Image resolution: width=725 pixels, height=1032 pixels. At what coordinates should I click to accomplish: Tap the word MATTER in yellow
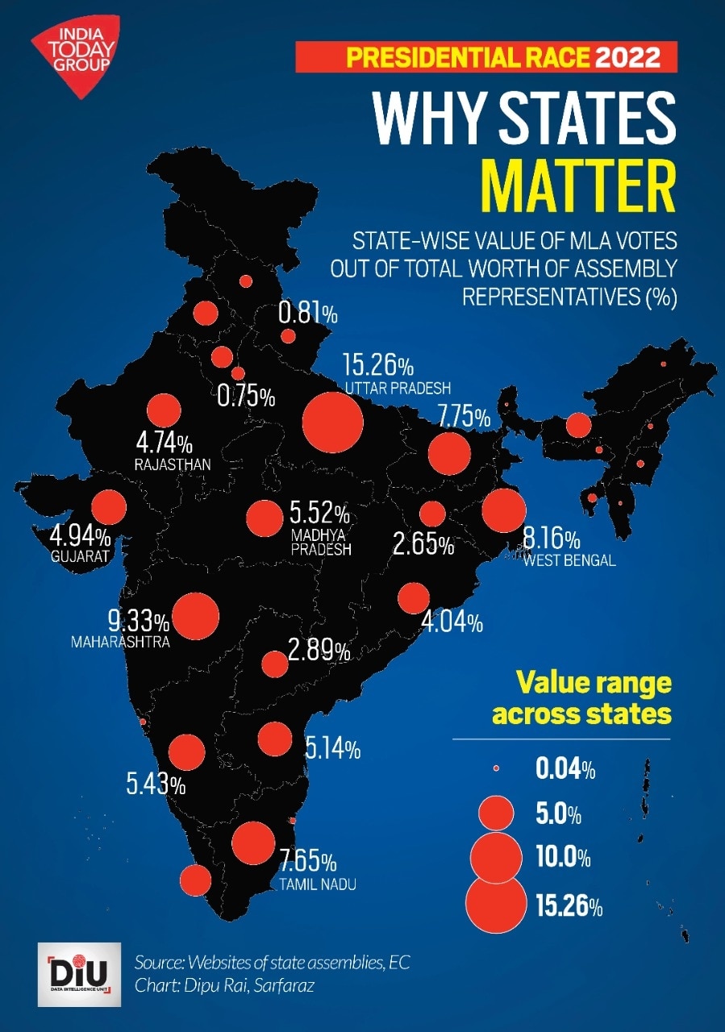(x=577, y=185)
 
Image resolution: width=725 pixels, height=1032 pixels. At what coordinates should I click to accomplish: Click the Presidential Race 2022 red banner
(x=486, y=58)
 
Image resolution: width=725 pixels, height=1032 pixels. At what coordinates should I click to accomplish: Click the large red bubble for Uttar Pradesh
(x=331, y=422)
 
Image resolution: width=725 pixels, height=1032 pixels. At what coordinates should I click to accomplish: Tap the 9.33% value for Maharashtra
(x=139, y=622)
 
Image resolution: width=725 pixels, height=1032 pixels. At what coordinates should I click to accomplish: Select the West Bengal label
(x=569, y=560)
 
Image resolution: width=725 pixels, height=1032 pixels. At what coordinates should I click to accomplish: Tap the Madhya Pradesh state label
(x=321, y=542)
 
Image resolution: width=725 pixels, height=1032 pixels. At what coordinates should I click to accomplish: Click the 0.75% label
(x=247, y=397)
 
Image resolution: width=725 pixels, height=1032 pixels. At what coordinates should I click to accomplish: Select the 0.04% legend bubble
(x=496, y=769)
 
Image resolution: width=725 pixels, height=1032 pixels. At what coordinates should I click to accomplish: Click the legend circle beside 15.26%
(x=495, y=904)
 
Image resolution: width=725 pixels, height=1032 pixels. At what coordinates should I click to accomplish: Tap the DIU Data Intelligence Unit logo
(x=79, y=973)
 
